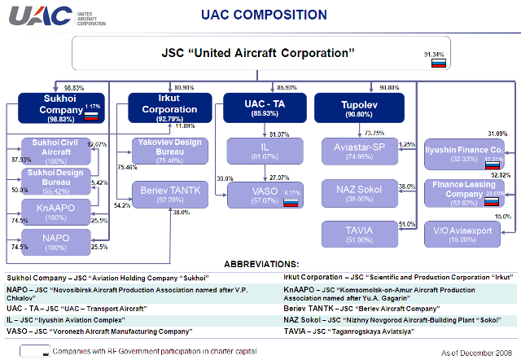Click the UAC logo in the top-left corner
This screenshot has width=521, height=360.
coord(38,15)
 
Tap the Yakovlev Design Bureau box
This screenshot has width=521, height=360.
coord(169,150)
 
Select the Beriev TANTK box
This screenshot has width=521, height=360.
coord(169,192)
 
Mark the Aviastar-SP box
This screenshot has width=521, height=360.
coord(359,150)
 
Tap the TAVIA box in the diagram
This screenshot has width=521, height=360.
coord(359,235)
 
